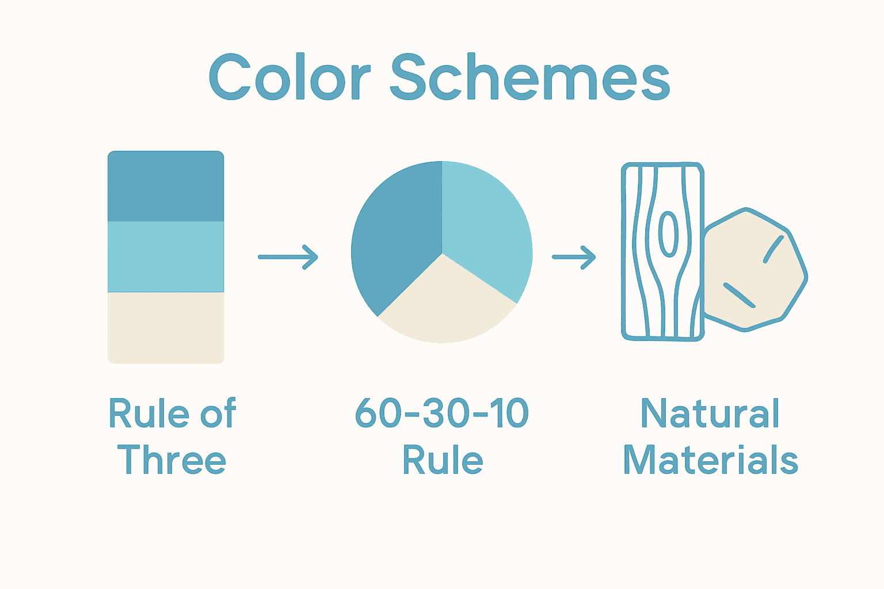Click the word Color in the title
(289, 77)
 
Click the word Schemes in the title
(530, 77)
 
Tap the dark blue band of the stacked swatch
(166, 186)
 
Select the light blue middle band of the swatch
(166, 257)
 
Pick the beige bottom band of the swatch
(166, 327)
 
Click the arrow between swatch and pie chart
(288, 257)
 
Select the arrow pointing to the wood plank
(574, 257)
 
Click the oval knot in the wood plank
(668, 234)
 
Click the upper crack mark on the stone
(773, 249)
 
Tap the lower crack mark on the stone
(739, 294)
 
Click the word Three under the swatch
(172, 459)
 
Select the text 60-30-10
(441, 412)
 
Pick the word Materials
(711, 459)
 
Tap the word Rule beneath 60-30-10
(443, 459)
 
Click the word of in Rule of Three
(218, 412)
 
